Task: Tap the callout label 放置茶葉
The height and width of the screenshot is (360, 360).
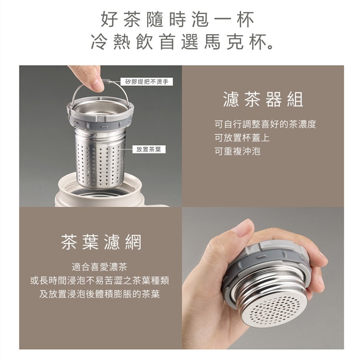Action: coord(149,149)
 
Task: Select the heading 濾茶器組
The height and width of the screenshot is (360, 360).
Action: coord(263,99)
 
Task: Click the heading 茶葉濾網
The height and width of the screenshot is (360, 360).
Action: coord(101,242)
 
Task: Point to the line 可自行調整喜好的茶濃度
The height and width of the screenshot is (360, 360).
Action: coord(265,125)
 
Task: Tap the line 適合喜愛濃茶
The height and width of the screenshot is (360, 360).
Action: coord(99,267)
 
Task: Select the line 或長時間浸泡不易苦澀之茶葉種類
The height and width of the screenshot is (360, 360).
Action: coord(99,280)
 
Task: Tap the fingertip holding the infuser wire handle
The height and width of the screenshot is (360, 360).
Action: coord(96,84)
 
